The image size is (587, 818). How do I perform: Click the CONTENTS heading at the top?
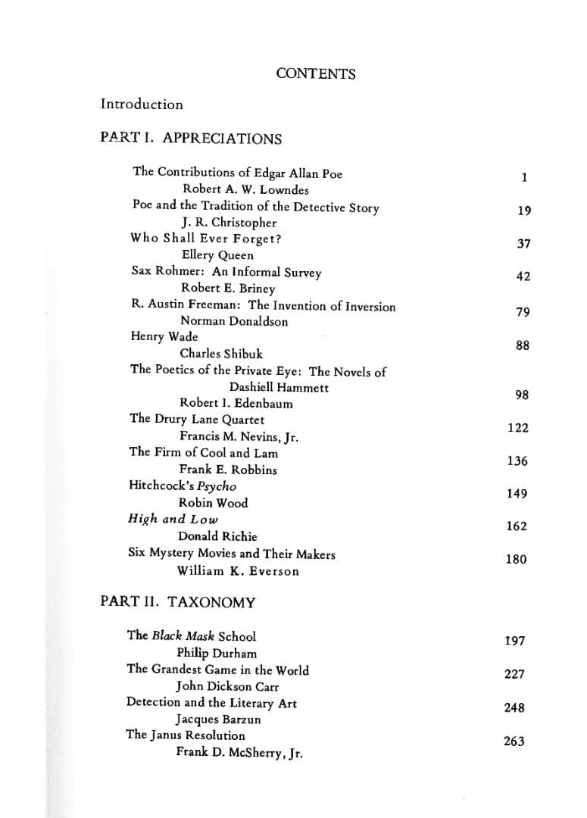click(x=316, y=73)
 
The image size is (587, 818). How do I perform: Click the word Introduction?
click(x=142, y=105)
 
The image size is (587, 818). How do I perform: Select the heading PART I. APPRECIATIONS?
click(x=191, y=139)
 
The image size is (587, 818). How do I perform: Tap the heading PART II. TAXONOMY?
click(x=178, y=602)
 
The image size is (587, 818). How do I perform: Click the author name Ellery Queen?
click(x=217, y=255)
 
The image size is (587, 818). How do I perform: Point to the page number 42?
click(x=523, y=276)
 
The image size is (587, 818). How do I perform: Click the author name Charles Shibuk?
click(x=221, y=354)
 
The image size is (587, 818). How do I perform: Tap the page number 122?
click(x=518, y=428)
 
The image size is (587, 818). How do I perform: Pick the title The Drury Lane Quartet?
click(x=197, y=420)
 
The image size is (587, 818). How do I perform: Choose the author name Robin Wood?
click(x=213, y=503)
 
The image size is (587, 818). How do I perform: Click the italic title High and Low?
click(x=173, y=520)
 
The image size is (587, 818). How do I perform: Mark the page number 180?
click(x=516, y=560)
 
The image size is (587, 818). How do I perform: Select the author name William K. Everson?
click(x=238, y=571)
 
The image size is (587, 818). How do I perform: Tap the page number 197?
click(x=514, y=642)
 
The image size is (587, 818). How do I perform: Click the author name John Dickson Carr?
click(x=227, y=687)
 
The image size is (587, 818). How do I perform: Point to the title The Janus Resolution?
click(x=186, y=735)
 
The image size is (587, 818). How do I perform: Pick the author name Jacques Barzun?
click(x=218, y=720)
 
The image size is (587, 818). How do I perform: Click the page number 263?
click(x=514, y=742)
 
